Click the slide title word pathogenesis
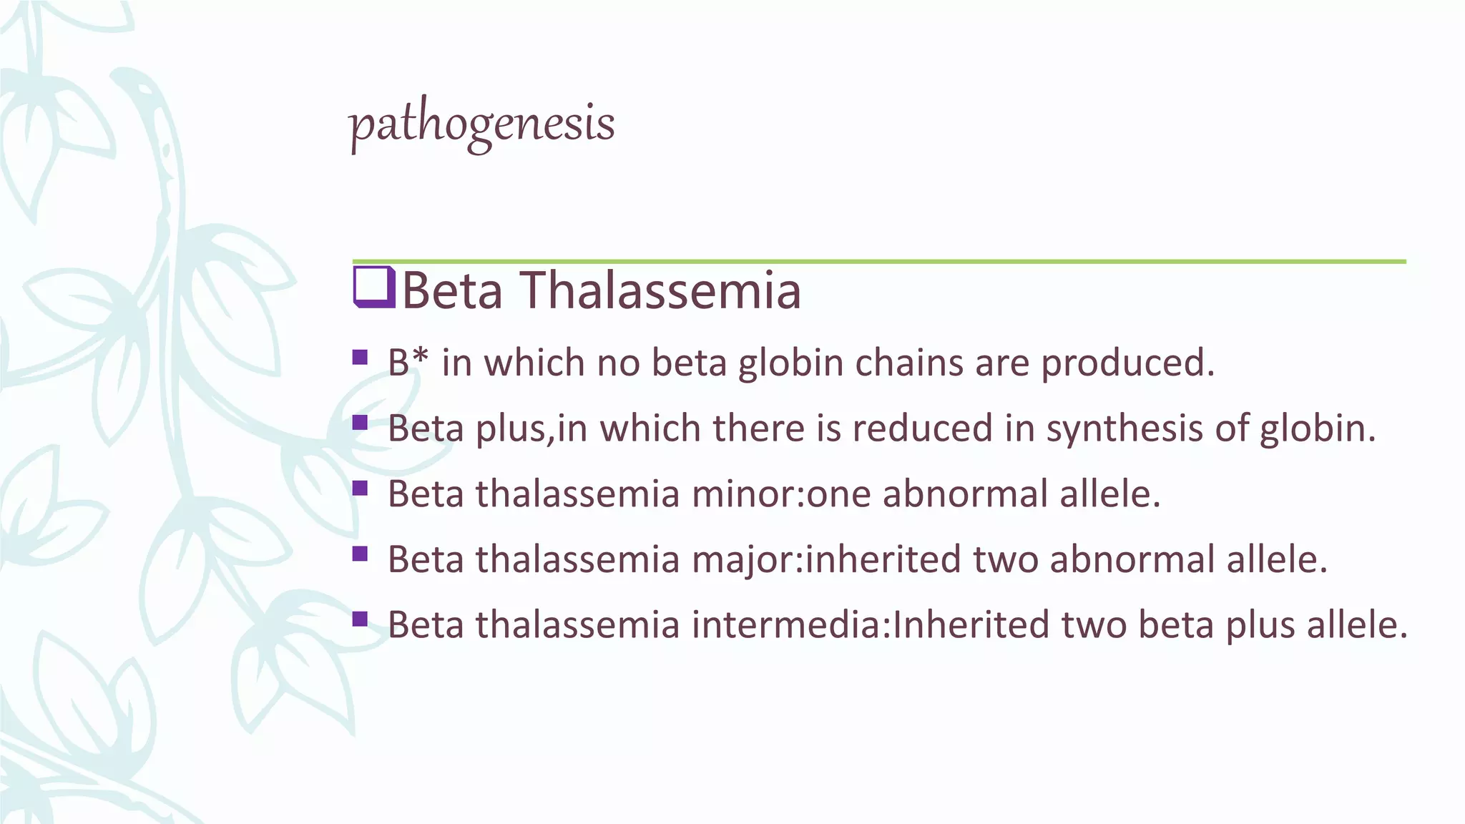481,124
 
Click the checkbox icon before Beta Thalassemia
373,288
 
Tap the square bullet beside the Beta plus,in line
360,423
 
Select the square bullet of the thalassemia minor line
360,489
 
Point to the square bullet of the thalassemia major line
360,554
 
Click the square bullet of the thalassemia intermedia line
360,619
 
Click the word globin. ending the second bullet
1317,428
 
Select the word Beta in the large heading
452,291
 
